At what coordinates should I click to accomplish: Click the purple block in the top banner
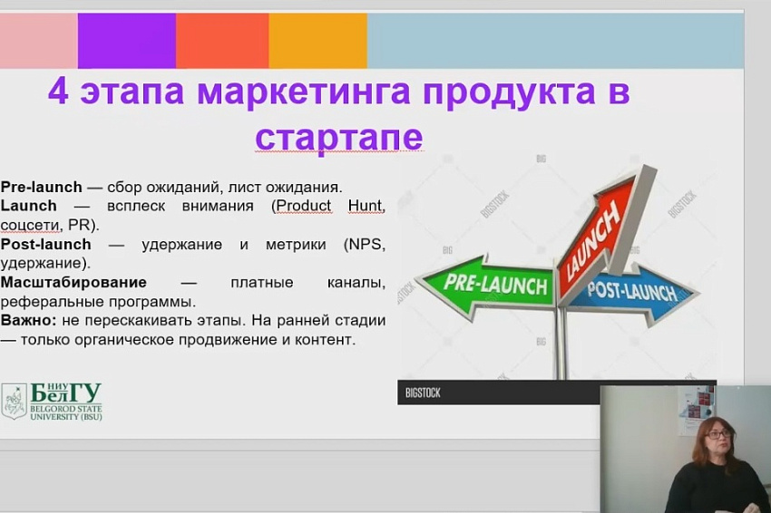[x=127, y=41]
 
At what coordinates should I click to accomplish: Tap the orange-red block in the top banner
[x=222, y=41]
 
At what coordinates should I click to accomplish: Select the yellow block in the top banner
[x=318, y=41]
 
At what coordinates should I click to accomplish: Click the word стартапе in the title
[x=339, y=137]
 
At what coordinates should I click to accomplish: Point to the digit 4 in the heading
[x=58, y=91]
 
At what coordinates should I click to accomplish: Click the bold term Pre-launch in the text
[x=42, y=188]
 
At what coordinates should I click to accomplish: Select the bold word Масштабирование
[x=73, y=283]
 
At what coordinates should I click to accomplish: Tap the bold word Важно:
[x=29, y=320]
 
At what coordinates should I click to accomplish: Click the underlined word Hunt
[x=366, y=206]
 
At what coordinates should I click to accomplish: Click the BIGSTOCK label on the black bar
[x=423, y=393]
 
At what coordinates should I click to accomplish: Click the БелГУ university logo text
[x=66, y=402]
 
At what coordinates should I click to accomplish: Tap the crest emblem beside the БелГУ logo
[x=15, y=402]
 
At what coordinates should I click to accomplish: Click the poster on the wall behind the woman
[x=696, y=410]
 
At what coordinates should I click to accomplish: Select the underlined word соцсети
[x=31, y=225]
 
